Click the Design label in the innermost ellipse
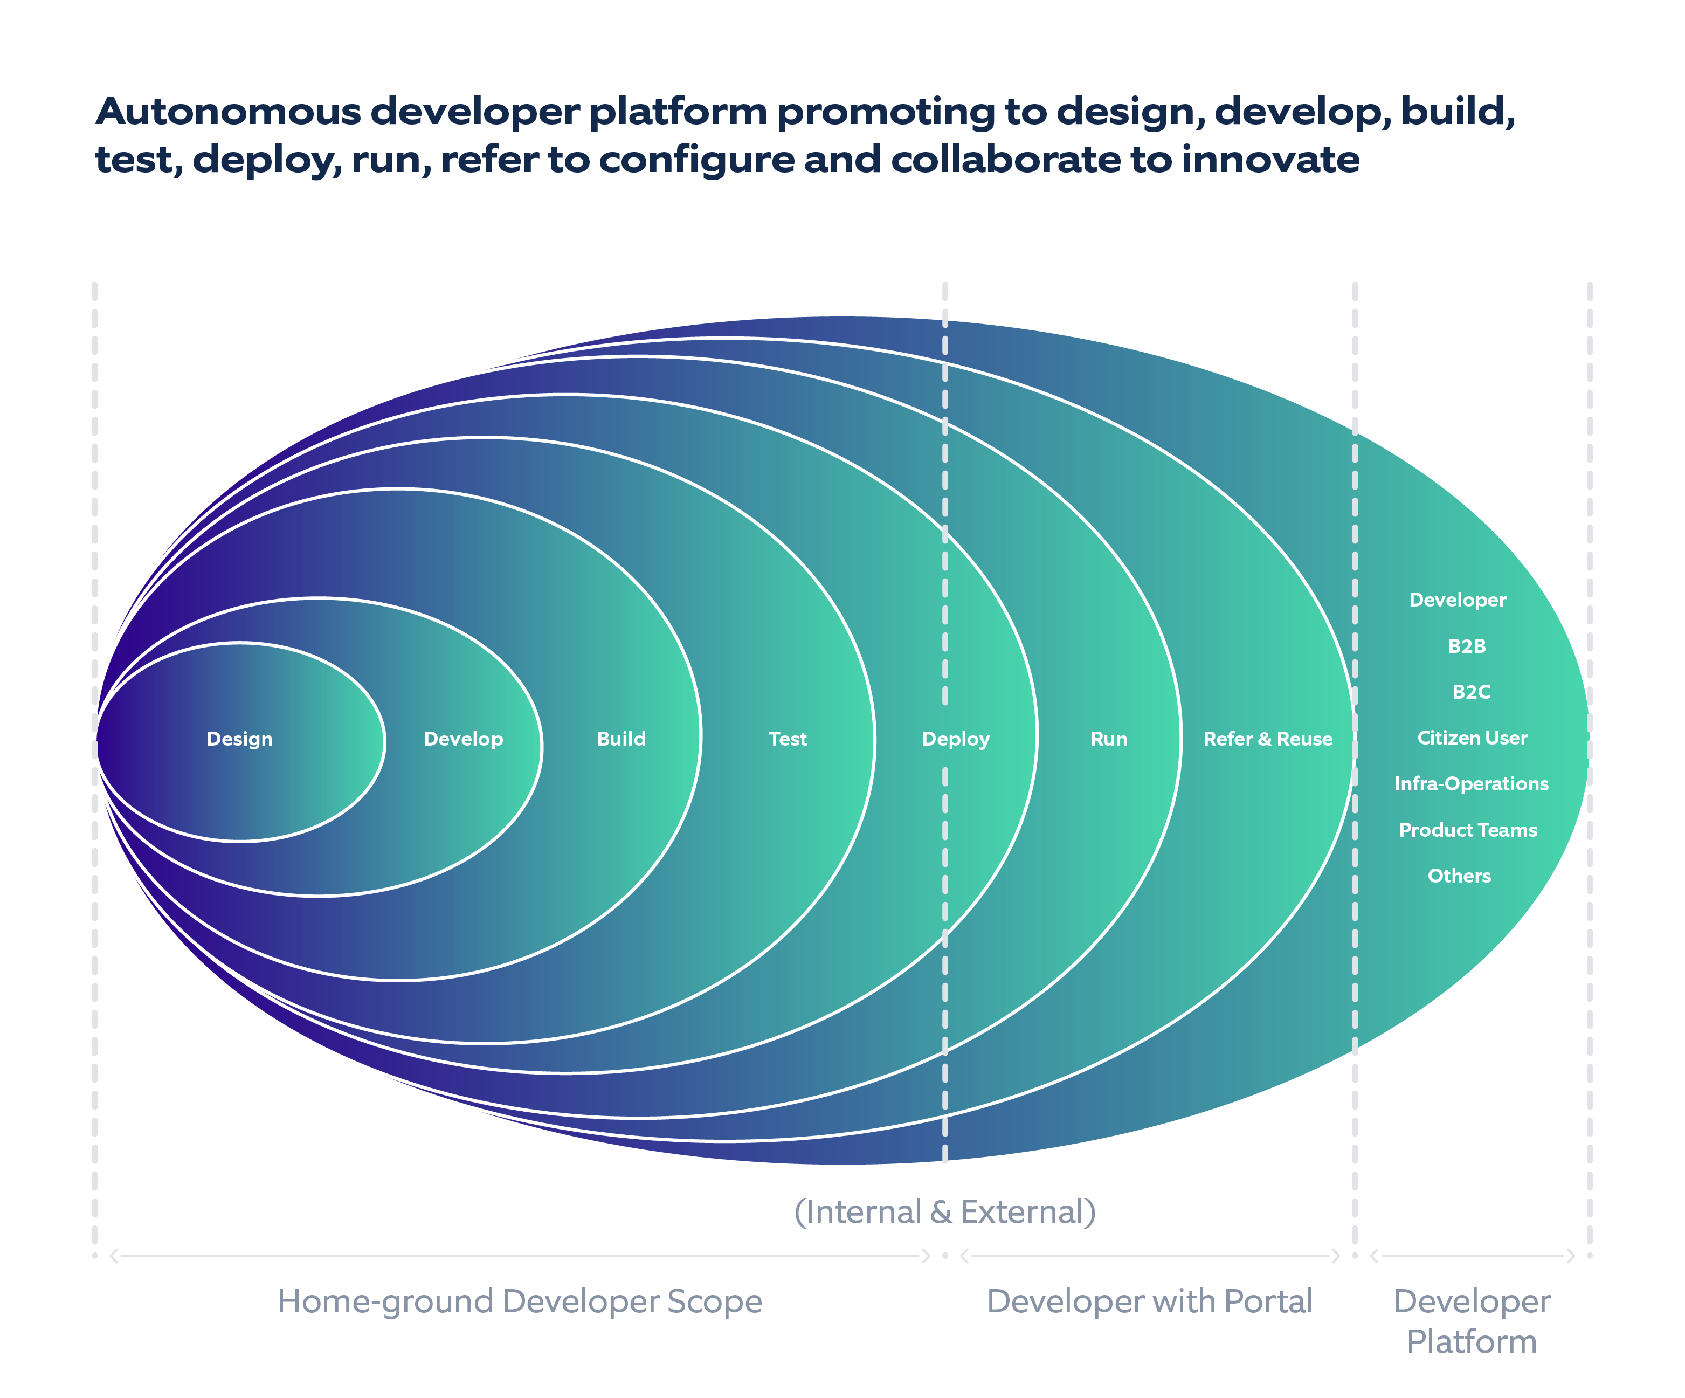pos(239,739)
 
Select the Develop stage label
pos(463,739)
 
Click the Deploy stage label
pos(956,739)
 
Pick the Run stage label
pos(1109,739)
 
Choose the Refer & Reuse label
pos(1268,739)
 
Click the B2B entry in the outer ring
pos(1467,646)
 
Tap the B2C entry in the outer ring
pos(1471,692)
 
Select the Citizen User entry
pos(1473,738)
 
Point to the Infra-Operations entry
pos(1471,784)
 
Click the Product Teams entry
pos(1468,830)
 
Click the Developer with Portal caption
pos(1149,1301)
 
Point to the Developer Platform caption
pos(1471,1321)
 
